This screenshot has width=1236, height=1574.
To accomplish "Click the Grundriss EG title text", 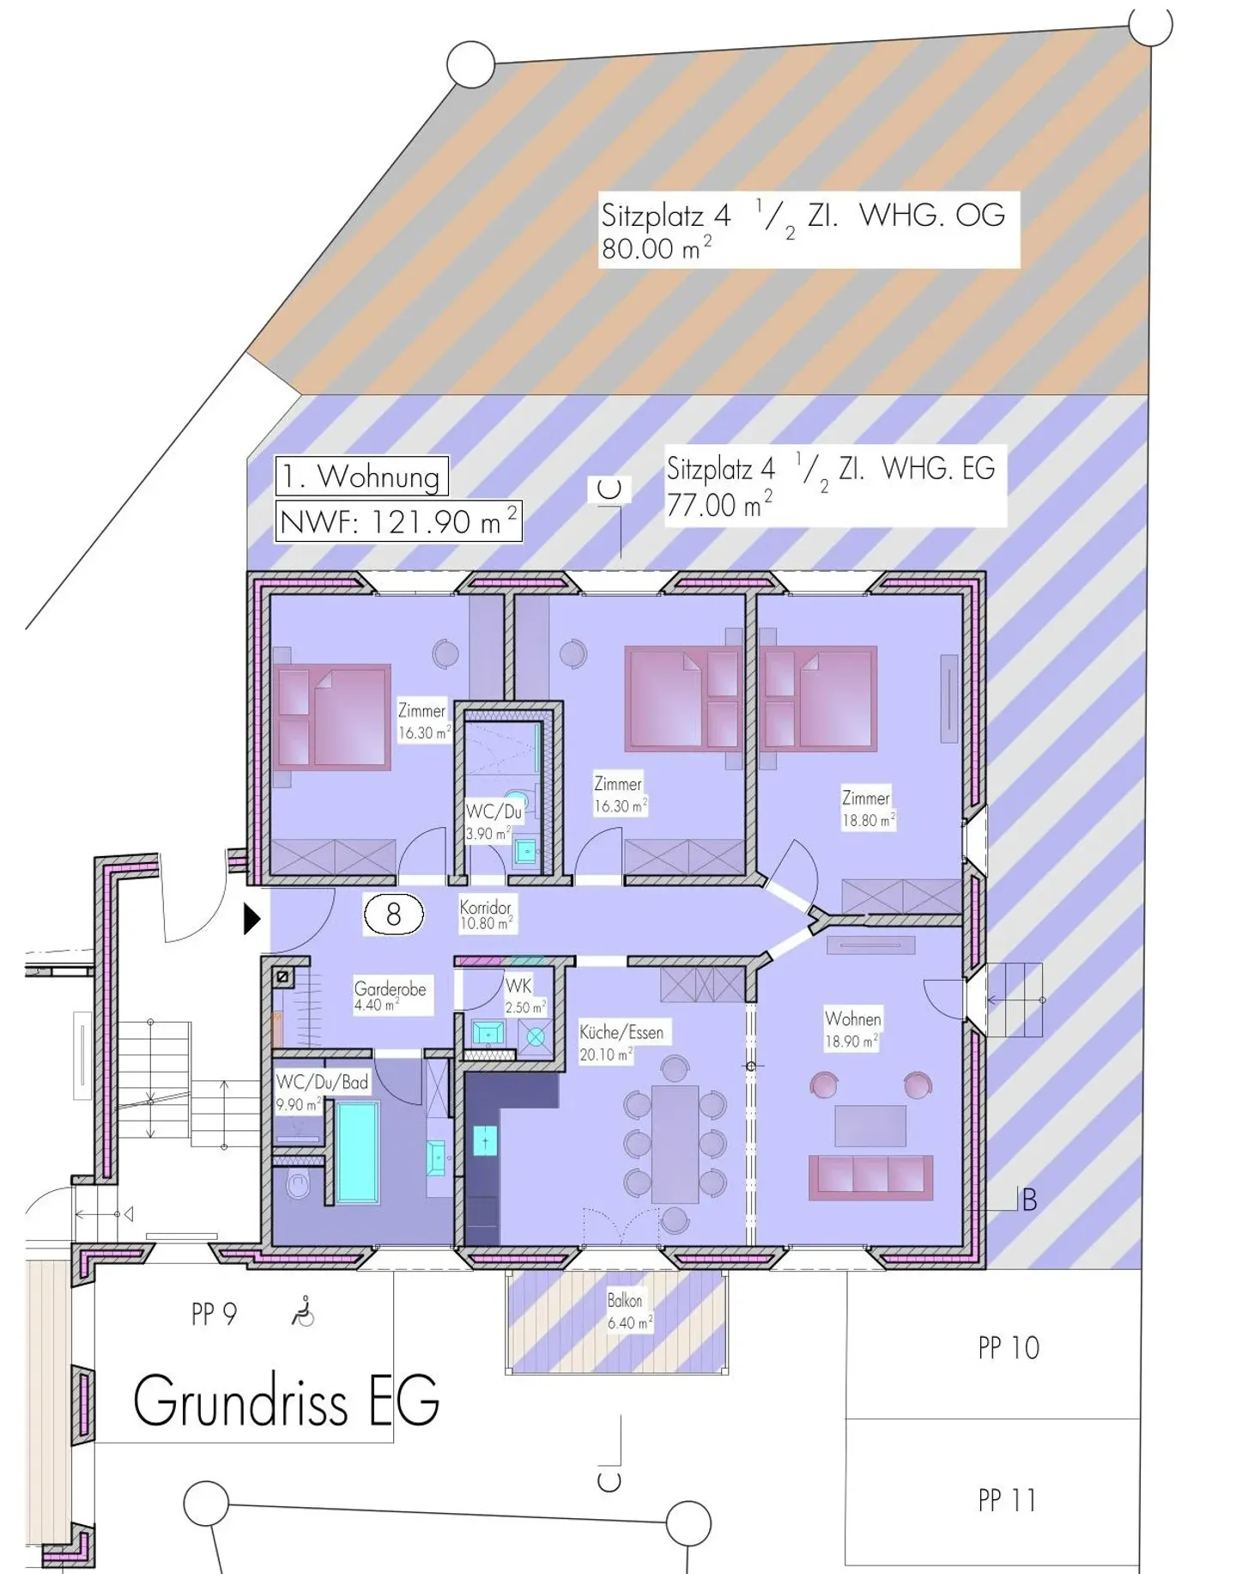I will (x=286, y=1401).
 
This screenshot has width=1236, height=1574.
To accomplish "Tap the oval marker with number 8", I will (x=394, y=915).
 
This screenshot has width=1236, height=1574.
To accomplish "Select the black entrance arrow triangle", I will (x=251, y=919).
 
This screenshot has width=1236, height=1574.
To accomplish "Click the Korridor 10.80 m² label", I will (x=486, y=915).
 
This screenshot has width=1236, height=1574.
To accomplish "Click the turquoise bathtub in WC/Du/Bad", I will (x=357, y=1152).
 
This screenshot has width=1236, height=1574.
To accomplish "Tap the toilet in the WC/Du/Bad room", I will (x=299, y=1186).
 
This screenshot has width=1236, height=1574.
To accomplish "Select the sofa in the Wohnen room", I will (x=870, y=1176).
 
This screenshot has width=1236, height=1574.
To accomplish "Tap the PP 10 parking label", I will (x=1009, y=1348).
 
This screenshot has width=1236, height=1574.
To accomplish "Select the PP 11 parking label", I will (x=1007, y=1500).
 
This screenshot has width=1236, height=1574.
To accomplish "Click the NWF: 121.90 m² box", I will (x=398, y=522).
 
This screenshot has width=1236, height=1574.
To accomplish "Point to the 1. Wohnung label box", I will (x=361, y=476).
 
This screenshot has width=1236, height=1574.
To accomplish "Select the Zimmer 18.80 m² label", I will (x=867, y=809).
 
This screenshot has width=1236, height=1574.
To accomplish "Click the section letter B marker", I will (x=1029, y=1200).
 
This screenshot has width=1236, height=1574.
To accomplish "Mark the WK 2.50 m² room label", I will (x=524, y=996).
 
